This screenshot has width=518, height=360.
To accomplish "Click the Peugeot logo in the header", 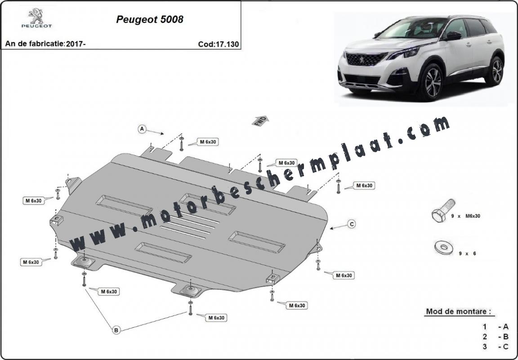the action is click(37, 18).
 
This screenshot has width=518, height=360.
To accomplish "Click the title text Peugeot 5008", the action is click(150, 19).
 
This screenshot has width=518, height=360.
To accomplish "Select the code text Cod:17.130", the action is click(219, 44).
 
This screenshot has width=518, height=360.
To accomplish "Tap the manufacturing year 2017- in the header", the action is click(76, 44).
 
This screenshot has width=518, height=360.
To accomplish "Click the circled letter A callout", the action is click(142, 129).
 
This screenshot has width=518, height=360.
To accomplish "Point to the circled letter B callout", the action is click(116, 329).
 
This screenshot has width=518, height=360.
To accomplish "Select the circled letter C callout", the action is click(352, 224).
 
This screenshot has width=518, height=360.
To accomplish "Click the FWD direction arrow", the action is click(260, 121).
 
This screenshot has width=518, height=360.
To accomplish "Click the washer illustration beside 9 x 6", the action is click(444, 248).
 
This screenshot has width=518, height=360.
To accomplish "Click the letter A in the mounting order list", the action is click(505, 327).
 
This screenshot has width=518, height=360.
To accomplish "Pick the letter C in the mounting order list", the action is click(505, 347).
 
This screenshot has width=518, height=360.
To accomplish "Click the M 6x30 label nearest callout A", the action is click(208, 142).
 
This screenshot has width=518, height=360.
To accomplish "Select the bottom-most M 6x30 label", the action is click(216, 318).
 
